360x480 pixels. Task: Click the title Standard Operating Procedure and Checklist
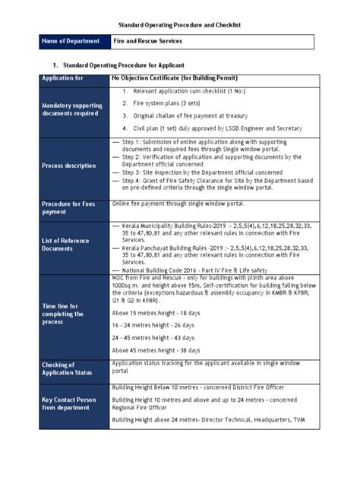pyautogui.click(x=179, y=25)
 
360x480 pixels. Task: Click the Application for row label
pyautogui.click(x=63, y=78)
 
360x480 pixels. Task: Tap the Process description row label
pyautogui.click(x=69, y=166)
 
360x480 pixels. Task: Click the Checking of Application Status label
pyautogui.click(x=68, y=369)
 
